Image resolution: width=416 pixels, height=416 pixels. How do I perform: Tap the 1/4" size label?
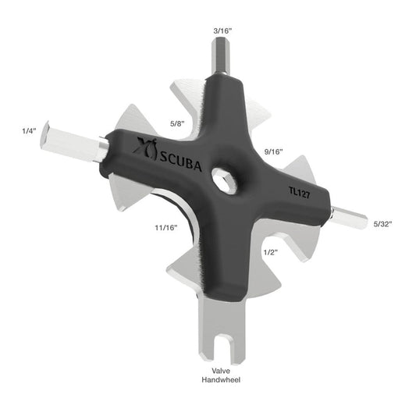29,130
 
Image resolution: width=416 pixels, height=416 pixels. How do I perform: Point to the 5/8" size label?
177,123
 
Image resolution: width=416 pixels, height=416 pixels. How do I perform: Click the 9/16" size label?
273,151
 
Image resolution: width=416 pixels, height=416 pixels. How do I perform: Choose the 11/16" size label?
165,227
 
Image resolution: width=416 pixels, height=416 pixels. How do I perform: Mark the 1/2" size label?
271,252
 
